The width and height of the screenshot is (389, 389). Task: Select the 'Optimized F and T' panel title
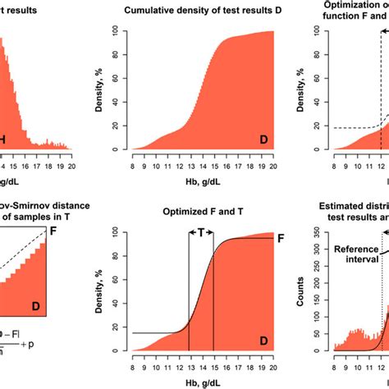(195, 211)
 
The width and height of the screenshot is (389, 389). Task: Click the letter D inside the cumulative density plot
(264, 140)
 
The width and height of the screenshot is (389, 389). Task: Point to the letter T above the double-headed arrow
(201, 232)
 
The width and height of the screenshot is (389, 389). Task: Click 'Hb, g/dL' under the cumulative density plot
(201, 181)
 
